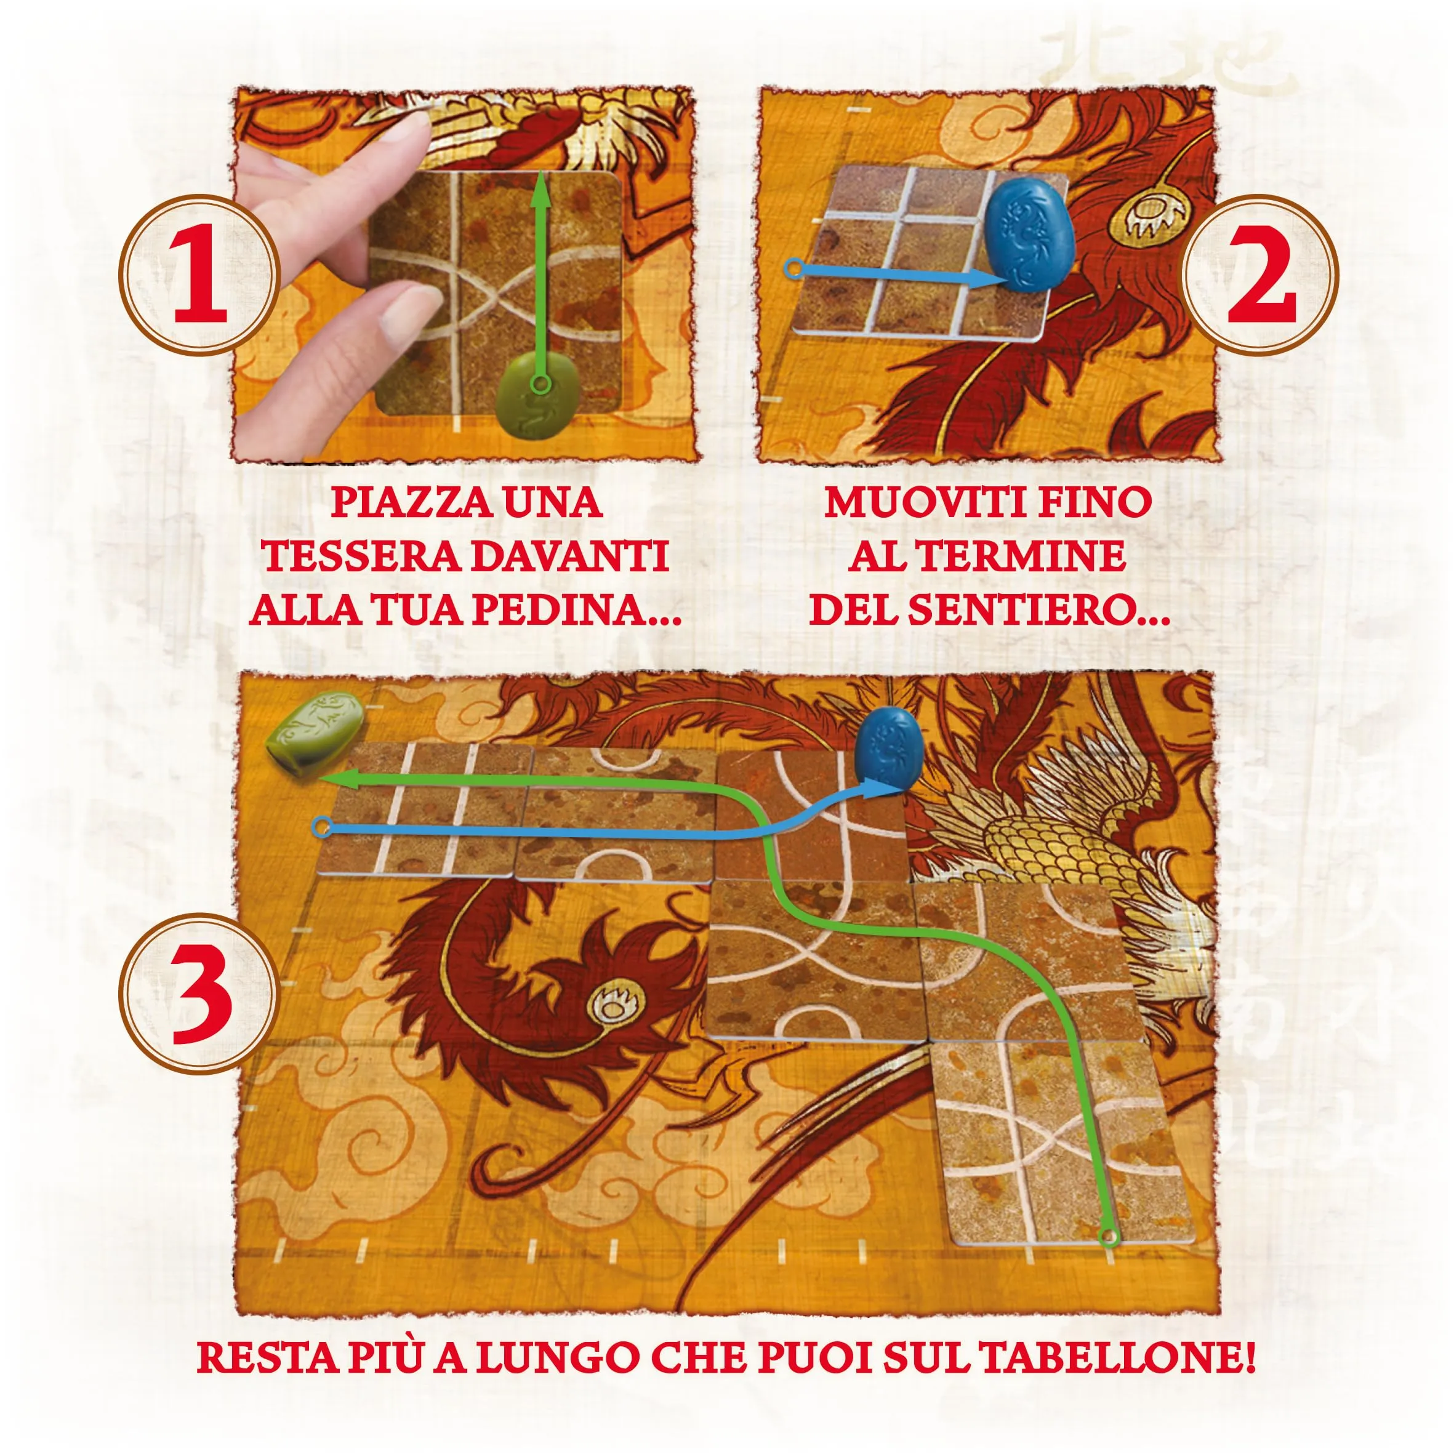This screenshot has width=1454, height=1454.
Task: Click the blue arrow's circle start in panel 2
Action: [x=792, y=268]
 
